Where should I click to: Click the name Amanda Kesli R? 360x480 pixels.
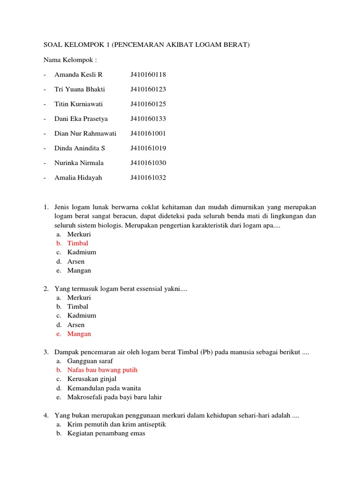coord(78,75)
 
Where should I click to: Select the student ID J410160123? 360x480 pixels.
coord(148,89)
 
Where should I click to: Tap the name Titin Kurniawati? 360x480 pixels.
coord(78,104)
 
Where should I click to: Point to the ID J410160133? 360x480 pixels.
coord(148,119)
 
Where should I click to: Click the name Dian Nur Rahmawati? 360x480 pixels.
coord(85,134)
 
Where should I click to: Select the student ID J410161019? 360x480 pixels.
coord(148,148)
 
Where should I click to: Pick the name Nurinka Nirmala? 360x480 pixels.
coord(79,163)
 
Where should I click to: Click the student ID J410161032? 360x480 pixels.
coord(148,178)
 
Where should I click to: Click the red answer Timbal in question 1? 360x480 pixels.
coord(77,243)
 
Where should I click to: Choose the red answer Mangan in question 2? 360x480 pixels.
coord(79,334)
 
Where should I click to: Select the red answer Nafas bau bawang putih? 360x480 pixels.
coord(102,370)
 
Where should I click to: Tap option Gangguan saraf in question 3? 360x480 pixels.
coord(90,361)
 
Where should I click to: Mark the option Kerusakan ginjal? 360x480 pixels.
coord(92,379)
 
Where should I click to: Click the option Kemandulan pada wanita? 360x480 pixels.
coord(104,388)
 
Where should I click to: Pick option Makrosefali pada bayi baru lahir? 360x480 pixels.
coord(114,397)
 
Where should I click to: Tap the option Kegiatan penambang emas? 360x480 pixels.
coord(106,434)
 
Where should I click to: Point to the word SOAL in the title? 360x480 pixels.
coord(52,45)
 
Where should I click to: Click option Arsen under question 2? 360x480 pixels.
coord(76,325)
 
